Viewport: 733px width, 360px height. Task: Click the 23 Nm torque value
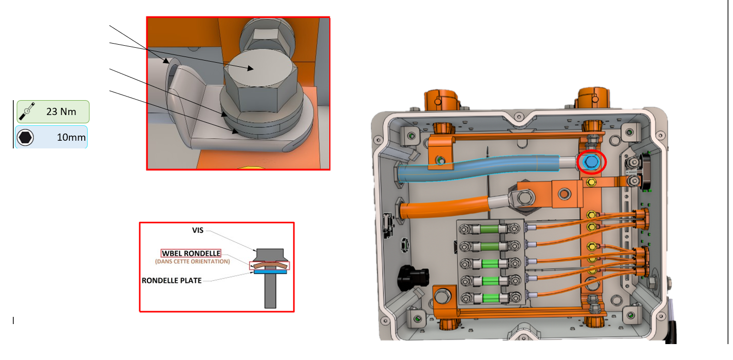pos(61,111)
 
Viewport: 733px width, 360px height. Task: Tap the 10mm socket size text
pos(71,137)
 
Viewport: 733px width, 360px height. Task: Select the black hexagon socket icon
pos(25,138)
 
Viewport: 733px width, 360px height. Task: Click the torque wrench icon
pos(27,111)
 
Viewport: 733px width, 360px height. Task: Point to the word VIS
pos(198,231)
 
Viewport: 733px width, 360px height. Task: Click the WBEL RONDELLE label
pos(191,253)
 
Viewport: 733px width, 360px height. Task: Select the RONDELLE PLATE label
pos(172,280)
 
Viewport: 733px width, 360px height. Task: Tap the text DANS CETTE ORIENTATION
pos(193,261)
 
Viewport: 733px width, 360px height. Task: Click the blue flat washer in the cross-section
pos(270,272)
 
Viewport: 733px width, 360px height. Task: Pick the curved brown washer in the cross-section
pos(270,265)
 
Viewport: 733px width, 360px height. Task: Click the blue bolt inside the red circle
pos(591,162)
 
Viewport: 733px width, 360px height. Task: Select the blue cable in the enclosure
pos(478,167)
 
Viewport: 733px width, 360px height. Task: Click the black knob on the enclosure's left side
pos(412,278)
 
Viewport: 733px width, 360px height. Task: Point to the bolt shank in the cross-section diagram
pos(270,291)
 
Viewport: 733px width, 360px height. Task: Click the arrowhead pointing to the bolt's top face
pos(250,68)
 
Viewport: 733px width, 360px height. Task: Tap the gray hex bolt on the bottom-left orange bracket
pos(442,296)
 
